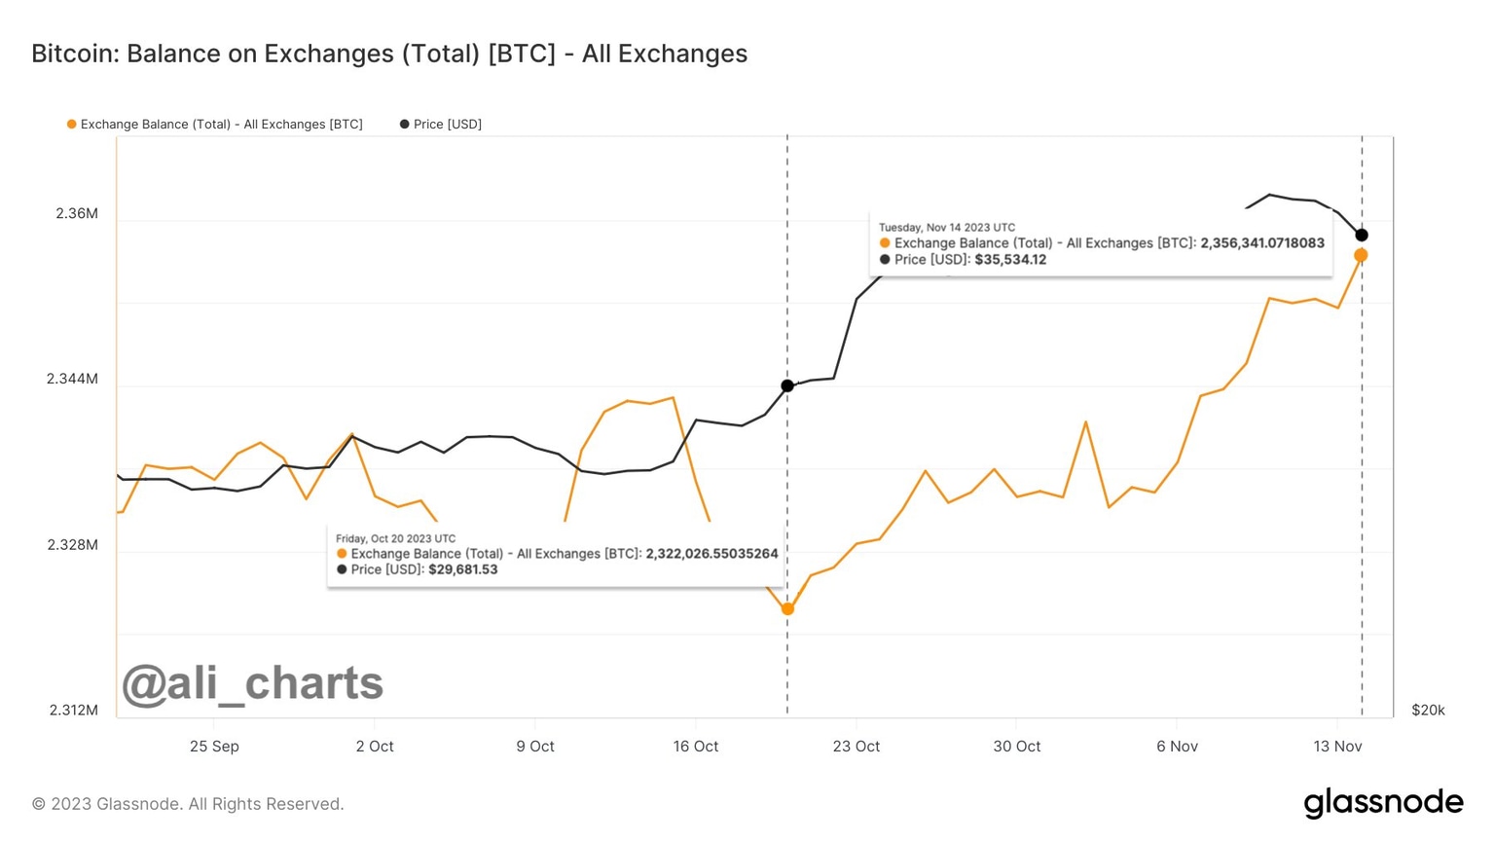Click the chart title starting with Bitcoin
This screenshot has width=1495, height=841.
pos(389,54)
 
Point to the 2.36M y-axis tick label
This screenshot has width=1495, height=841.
pos(77,213)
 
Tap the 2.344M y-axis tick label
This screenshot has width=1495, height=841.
pos(73,379)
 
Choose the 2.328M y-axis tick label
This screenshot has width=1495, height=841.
pos(73,544)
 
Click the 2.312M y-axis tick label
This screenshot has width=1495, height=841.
pos(73,710)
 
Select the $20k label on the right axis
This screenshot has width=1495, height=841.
pos(1428,710)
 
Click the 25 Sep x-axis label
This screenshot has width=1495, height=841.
pos(214,747)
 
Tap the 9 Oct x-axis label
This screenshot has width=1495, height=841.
pos(534,747)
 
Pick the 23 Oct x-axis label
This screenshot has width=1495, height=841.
pos(856,747)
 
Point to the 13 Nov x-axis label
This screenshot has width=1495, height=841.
pos(1337,747)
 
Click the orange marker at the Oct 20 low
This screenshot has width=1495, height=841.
pos(787,609)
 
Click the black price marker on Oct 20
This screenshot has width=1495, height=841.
pos(787,386)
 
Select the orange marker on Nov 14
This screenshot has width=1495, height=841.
pos(1361,255)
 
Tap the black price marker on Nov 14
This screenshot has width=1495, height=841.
pos(1362,235)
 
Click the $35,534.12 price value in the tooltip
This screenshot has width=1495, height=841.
pos(1010,260)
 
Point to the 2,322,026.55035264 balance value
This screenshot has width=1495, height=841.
pos(711,554)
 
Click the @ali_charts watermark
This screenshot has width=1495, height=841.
pos(252,683)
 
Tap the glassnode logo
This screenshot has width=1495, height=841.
pos(1383,803)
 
